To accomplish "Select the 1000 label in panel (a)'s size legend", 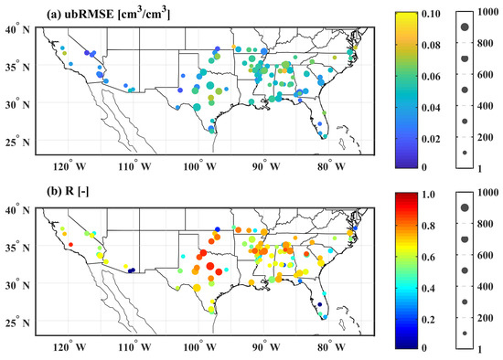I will click(488, 15).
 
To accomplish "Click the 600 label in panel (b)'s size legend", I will click(488, 256).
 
